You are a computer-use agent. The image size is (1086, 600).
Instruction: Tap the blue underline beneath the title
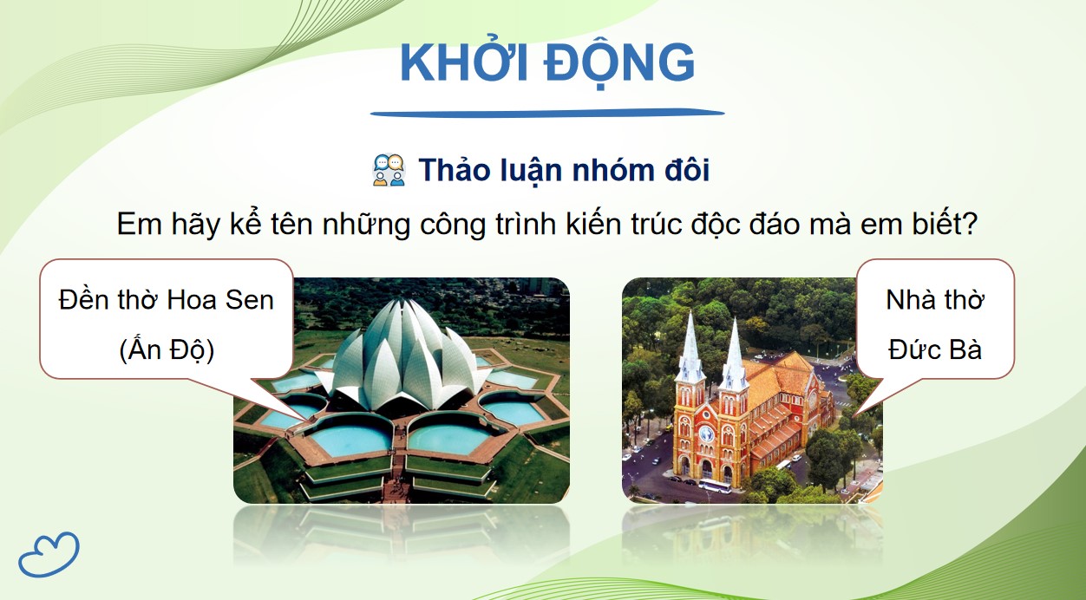point(547,113)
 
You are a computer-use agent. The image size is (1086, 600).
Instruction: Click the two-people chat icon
point(389,171)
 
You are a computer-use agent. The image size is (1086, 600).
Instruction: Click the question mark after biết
point(971,225)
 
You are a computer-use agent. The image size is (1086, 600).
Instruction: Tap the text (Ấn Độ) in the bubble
point(166,349)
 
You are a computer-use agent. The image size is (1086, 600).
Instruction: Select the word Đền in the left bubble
point(85,300)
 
